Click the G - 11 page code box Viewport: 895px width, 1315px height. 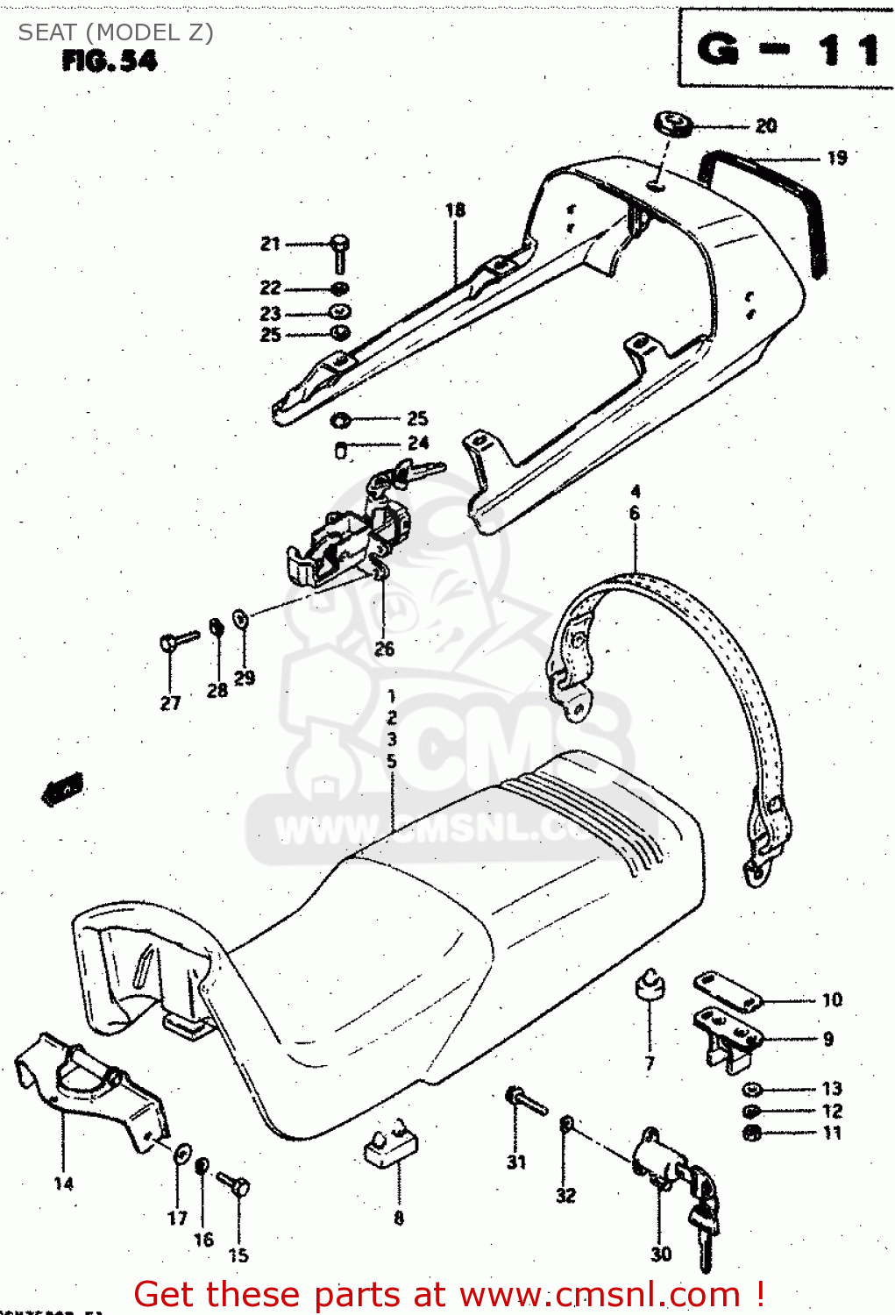(786, 48)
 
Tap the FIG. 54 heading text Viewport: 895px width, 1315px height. (110, 60)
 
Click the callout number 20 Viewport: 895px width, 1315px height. (766, 126)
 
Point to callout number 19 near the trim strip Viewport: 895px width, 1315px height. (837, 158)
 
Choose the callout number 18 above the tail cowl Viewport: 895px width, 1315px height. (455, 210)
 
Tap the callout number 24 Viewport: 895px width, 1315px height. (418, 443)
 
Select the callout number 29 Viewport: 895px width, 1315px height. (245, 678)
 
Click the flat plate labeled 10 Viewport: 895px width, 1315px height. (728, 992)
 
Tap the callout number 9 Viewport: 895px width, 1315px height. (828, 1040)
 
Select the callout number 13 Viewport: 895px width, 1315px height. (832, 1089)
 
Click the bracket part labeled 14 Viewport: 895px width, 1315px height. (92, 1087)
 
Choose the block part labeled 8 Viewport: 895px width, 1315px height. (391, 1145)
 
